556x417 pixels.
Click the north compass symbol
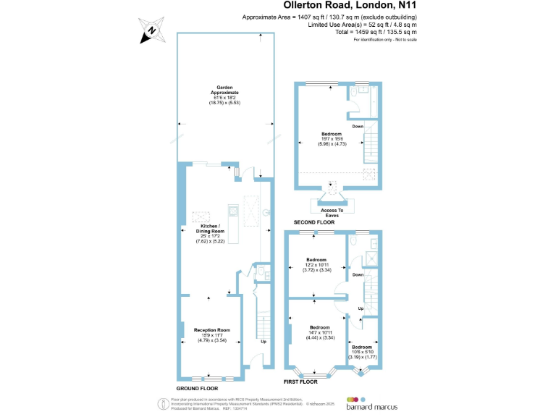(151, 30)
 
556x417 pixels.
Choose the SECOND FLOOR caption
(314, 222)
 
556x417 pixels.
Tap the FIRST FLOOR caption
(301, 381)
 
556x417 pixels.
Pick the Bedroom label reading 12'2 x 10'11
(316, 264)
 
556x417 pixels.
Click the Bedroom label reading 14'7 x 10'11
(319, 332)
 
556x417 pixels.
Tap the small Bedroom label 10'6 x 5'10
(363, 352)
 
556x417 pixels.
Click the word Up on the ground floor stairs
(263, 342)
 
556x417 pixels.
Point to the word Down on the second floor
(358, 127)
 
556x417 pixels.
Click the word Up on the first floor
(361, 309)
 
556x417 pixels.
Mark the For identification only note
(384, 39)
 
